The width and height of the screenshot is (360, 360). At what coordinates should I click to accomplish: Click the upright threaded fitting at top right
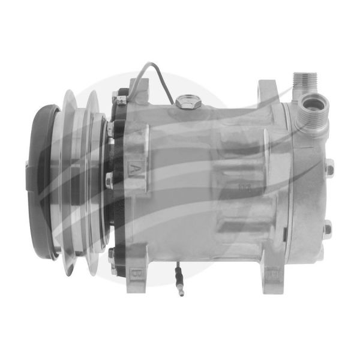tap(302, 82)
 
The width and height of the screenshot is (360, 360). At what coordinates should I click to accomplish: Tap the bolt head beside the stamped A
tap(109, 178)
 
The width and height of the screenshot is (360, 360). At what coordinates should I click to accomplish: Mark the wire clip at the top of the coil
tap(122, 98)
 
